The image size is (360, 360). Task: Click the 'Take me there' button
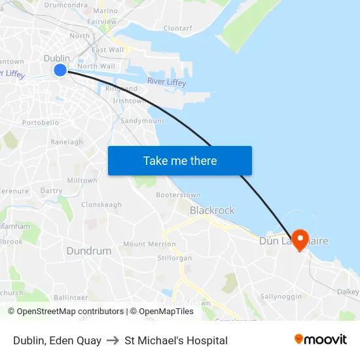pyautogui.click(x=179, y=160)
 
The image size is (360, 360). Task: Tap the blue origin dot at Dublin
pyautogui.click(x=60, y=69)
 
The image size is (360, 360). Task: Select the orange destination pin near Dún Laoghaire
pyautogui.click(x=300, y=240)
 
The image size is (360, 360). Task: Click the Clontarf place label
pyautogui.click(x=177, y=29)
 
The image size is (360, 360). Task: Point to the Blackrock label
pyautogui.click(x=212, y=211)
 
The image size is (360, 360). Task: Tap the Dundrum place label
pyautogui.click(x=88, y=251)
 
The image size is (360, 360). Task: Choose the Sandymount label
pyautogui.click(x=143, y=121)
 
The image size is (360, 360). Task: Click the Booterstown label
pyautogui.click(x=178, y=195)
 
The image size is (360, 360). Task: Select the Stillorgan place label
pyautogui.click(x=175, y=258)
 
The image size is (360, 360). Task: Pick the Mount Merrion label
pyautogui.click(x=149, y=244)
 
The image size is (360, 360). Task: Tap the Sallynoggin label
pyautogui.click(x=281, y=297)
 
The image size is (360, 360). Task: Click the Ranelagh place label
pyautogui.click(x=67, y=142)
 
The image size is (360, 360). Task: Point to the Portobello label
pyautogui.click(x=41, y=122)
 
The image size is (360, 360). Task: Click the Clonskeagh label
pyautogui.click(x=101, y=205)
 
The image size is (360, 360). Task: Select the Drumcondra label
pyautogui.click(x=65, y=5)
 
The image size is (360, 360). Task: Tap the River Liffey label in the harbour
pyautogui.click(x=166, y=82)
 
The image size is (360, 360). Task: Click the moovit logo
pyautogui.click(x=320, y=340)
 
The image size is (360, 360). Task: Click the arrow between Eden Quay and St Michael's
pyautogui.click(x=113, y=340)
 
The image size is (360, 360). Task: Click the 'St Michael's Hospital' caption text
pyautogui.click(x=176, y=340)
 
